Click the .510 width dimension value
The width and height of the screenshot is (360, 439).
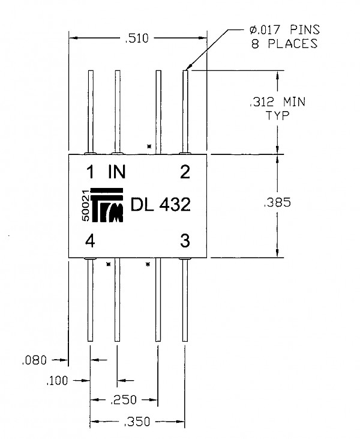point(137,38)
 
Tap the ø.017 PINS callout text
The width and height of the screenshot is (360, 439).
point(284,29)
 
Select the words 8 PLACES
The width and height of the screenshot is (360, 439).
point(284,44)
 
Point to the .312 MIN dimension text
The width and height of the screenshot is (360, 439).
point(277,101)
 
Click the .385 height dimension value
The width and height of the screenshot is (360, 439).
point(277,202)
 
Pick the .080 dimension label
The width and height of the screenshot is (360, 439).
point(34,360)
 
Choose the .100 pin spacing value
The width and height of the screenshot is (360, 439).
point(57,381)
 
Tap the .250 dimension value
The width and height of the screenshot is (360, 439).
point(124,400)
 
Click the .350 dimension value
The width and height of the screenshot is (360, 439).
point(137,422)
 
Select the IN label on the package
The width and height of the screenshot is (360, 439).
point(117,172)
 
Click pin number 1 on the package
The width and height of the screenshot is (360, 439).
point(90,172)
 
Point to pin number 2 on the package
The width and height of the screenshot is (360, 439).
point(185,172)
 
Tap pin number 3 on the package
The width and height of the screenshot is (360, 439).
point(185,240)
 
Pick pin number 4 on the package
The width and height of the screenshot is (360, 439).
point(90,240)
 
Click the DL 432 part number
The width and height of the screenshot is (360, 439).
point(161,205)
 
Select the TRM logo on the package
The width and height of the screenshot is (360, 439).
point(107,205)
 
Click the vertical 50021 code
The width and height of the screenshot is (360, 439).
point(86,205)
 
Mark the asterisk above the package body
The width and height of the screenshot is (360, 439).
point(149,146)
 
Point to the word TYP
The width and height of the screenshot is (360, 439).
point(277,116)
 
